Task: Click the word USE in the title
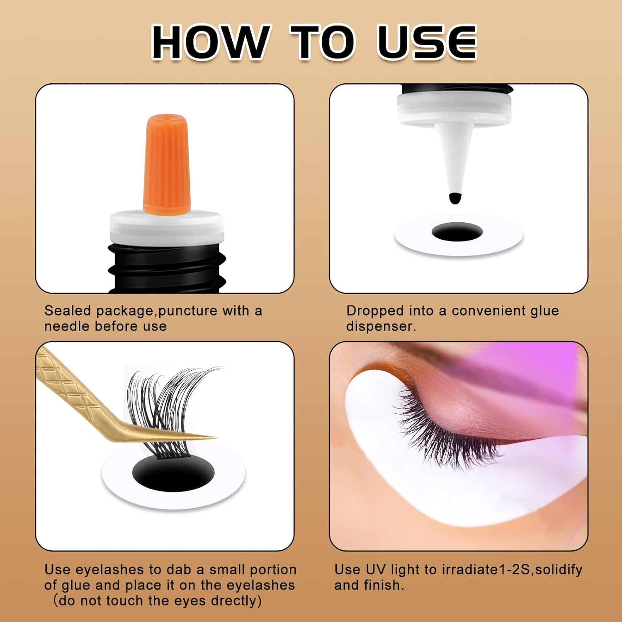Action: [427, 42]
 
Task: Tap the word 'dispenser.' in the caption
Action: [381, 326]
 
